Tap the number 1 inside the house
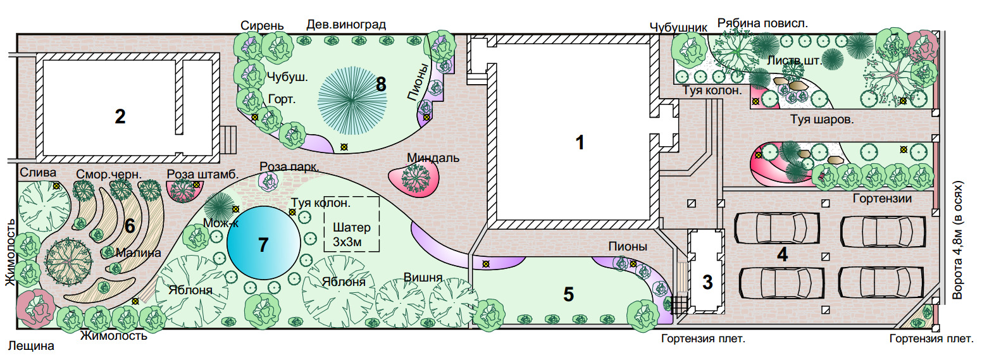(578, 143)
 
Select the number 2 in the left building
(120, 116)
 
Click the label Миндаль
(433, 158)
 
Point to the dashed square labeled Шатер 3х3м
(351, 224)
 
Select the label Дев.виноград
(345, 25)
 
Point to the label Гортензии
(881, 199)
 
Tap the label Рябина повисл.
(762, 23)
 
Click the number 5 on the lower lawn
(568, 294)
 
